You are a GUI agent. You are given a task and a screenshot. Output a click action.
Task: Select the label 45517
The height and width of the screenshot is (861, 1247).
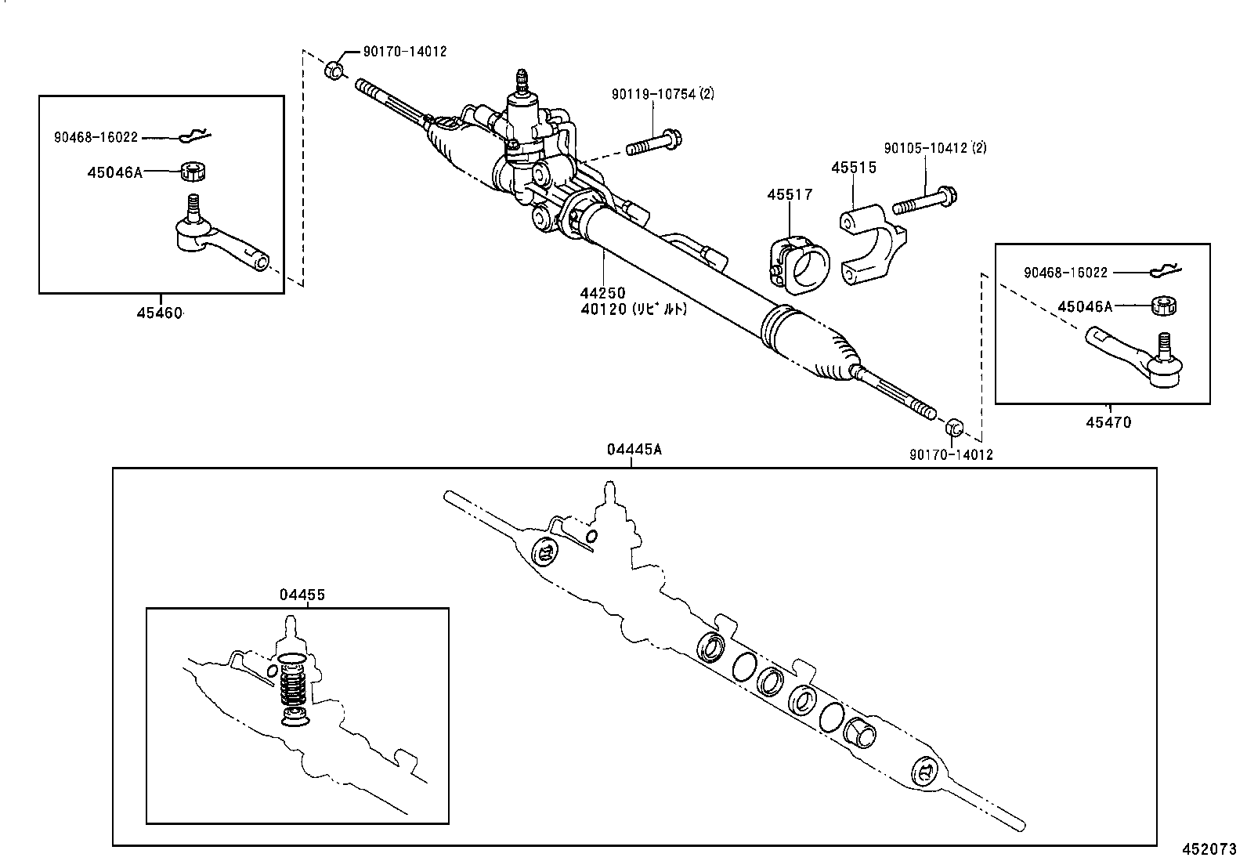(790, 194)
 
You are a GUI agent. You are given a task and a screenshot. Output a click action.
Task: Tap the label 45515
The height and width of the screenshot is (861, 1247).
(853, 168)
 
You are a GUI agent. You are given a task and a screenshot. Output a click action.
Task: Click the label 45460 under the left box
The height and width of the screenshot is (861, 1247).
(160, 313)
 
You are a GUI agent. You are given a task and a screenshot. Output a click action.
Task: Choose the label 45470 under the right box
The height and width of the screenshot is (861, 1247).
(1108, 423)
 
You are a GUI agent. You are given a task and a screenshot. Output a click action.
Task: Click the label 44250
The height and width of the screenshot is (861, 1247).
(602, 293)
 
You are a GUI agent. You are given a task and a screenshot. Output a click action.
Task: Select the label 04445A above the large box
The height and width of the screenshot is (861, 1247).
(634, 450)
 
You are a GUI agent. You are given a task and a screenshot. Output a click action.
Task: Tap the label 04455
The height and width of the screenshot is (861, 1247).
(302, 595)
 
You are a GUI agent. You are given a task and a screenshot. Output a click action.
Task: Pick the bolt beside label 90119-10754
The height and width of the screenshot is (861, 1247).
(655, 144)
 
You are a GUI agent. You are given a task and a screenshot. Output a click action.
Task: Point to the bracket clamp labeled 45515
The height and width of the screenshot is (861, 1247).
(872, 244)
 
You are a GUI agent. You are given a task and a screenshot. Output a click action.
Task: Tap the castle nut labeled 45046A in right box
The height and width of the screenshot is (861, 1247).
(1165, 306)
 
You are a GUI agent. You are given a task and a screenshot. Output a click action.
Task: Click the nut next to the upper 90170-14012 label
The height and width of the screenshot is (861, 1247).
(334, 70)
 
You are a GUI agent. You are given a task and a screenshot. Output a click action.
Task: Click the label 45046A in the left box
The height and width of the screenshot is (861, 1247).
(114, 172)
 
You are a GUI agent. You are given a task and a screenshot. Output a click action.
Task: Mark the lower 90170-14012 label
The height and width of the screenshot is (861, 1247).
(950, 454)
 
